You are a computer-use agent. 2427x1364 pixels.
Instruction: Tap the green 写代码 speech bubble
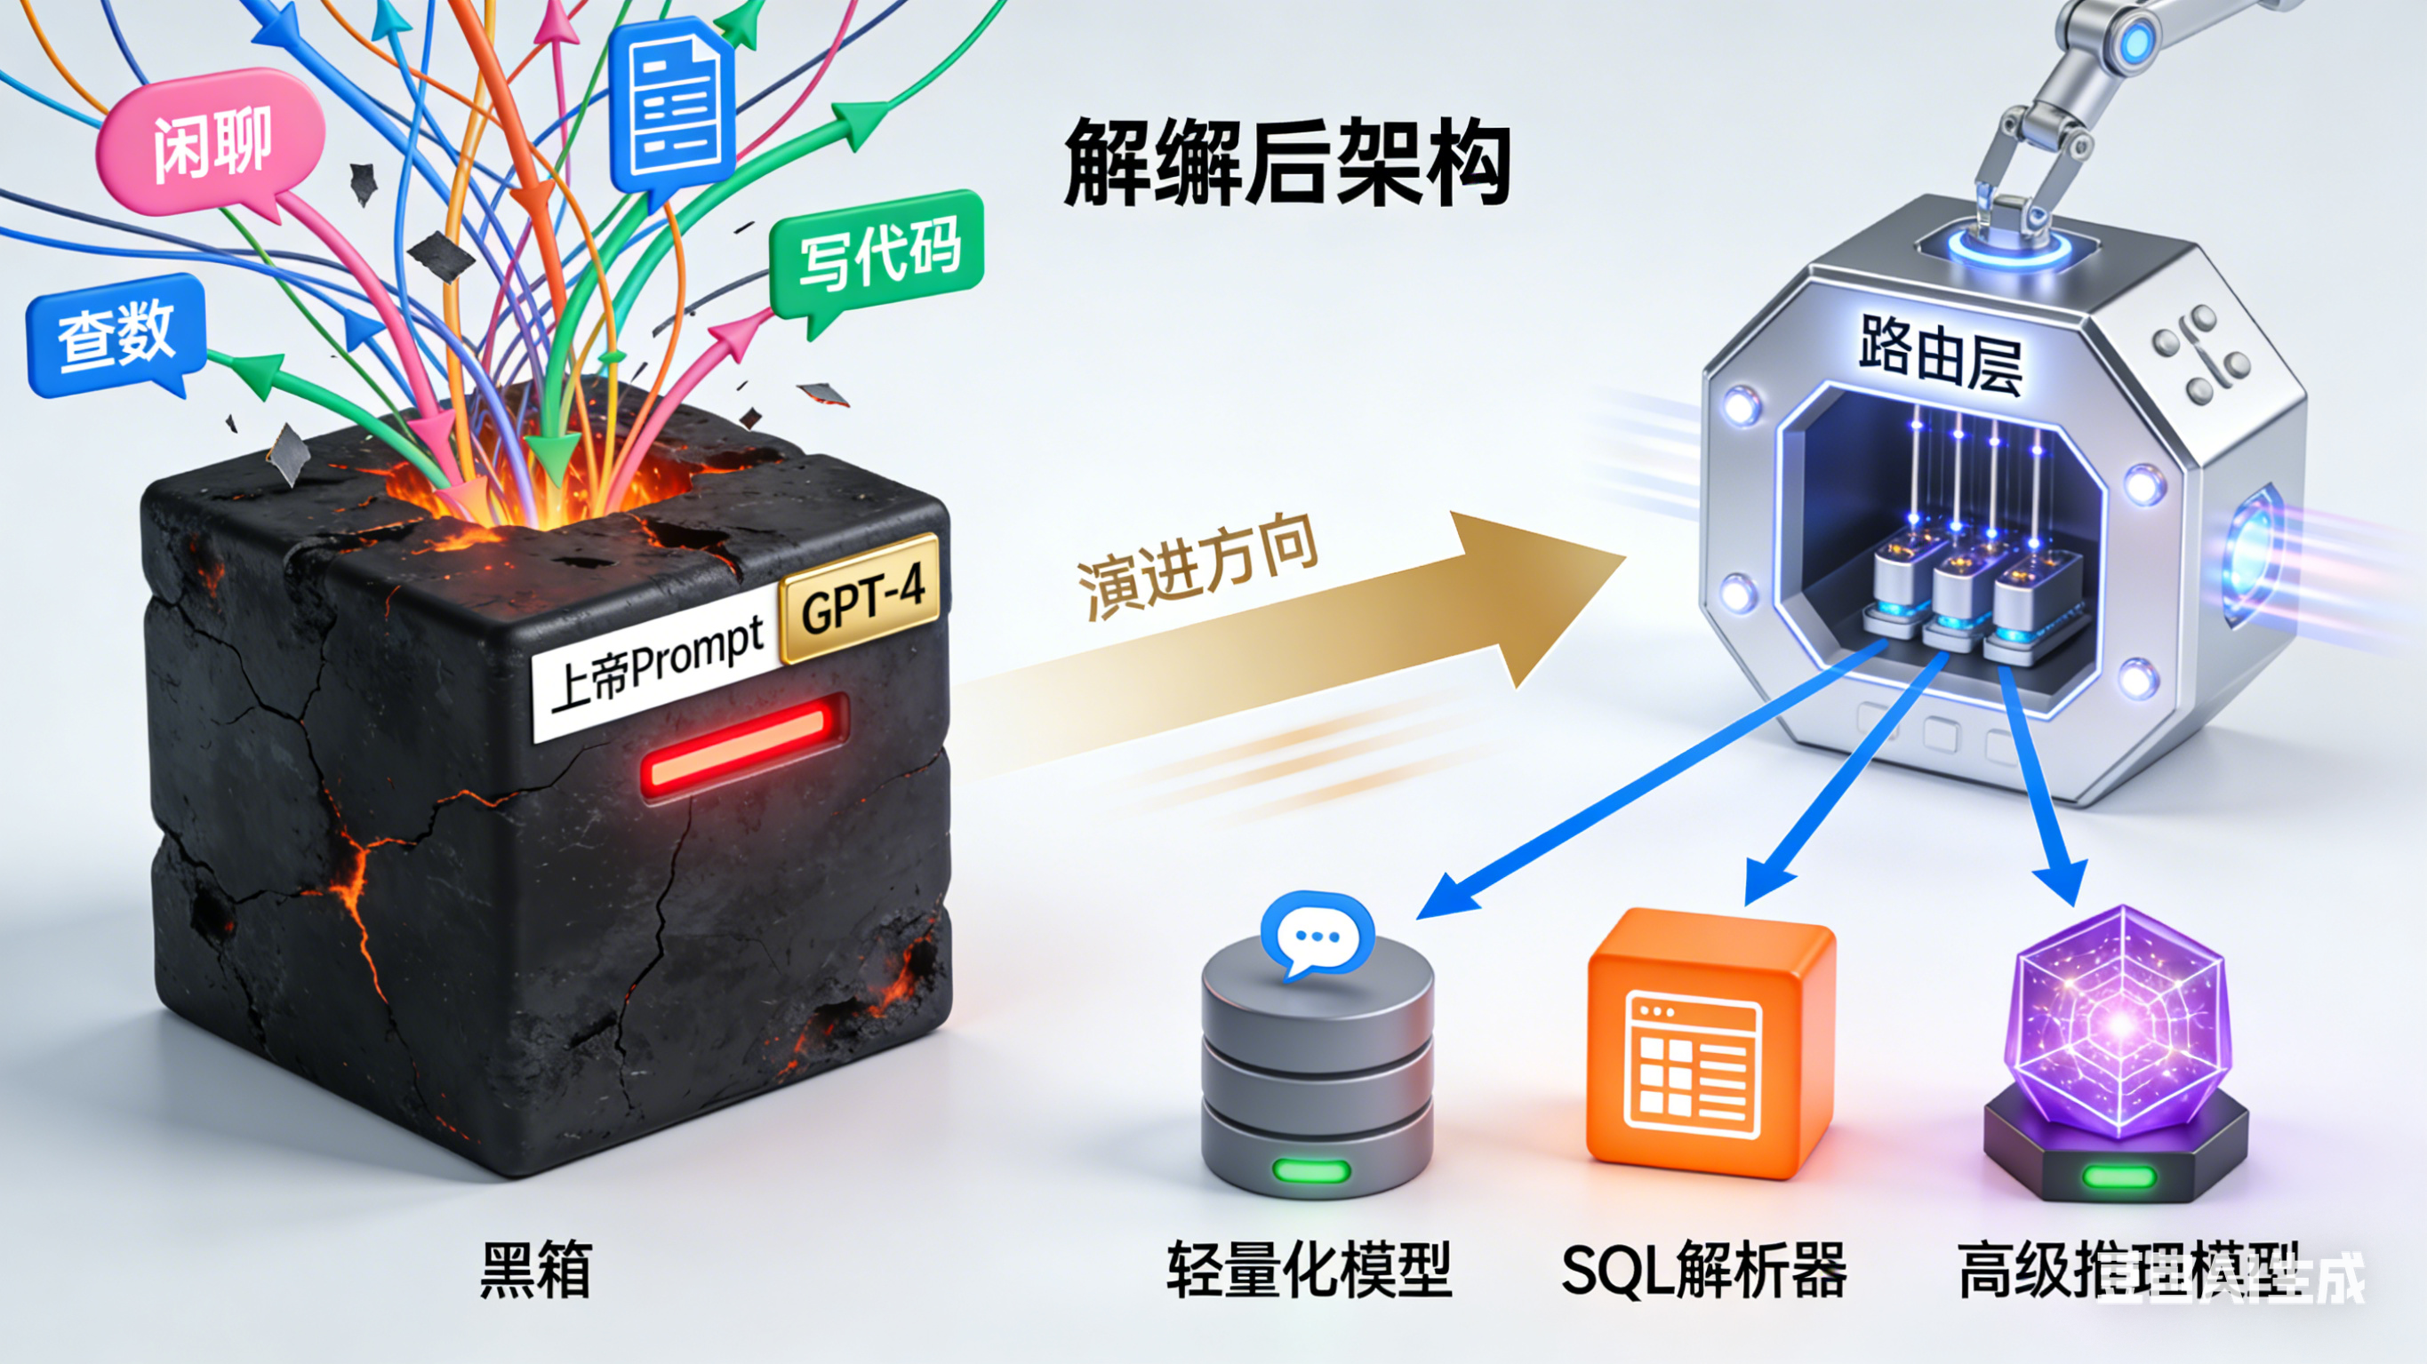pos(877,251)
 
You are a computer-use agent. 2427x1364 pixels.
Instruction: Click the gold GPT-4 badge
pos(861,597)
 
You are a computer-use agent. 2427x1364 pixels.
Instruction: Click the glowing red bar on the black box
pos(744,746)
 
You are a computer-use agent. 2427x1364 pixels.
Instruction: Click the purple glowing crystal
pos(2120,1022)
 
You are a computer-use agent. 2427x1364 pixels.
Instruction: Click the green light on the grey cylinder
pos(1310,1171)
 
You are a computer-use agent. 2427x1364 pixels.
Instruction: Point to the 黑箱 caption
pos(536,1270)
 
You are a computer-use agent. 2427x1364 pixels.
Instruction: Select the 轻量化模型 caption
pos(1309,1270)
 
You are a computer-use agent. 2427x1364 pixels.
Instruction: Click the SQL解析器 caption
pos(1702,1270)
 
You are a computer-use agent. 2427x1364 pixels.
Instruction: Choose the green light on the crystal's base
pos(2118,1176)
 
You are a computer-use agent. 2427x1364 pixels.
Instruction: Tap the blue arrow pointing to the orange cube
pos(1828,791)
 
